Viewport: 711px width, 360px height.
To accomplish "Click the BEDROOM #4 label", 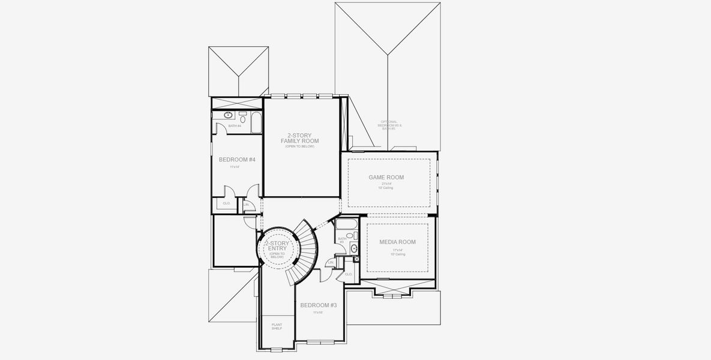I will tap(237, 160).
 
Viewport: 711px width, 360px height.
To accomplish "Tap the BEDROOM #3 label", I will tap(318, 305).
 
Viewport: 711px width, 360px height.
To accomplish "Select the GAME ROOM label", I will tap(386, 177).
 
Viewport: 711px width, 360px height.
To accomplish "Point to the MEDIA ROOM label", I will tap(397, 242).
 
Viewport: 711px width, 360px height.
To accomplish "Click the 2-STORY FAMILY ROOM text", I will tap(299, 139).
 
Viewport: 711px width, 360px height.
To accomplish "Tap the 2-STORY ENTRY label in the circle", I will tap(277, 247).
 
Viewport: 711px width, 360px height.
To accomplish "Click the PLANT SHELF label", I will tap(277, 327).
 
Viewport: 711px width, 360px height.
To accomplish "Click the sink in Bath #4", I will tap(229, 114).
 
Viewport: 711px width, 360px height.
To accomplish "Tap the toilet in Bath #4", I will tap(243, 117).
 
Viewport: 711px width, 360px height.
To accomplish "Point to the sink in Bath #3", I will tap(354, 248).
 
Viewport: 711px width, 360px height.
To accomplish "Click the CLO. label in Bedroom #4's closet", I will tap(227, 203).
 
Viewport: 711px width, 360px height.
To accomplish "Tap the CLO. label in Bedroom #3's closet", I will tap(349, 274).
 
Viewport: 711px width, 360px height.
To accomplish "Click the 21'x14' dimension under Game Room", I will tap(385, 184).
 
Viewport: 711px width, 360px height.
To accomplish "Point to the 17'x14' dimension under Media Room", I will tap(397, 250).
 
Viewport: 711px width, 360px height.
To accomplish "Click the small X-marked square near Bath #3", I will tap(356, 259).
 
